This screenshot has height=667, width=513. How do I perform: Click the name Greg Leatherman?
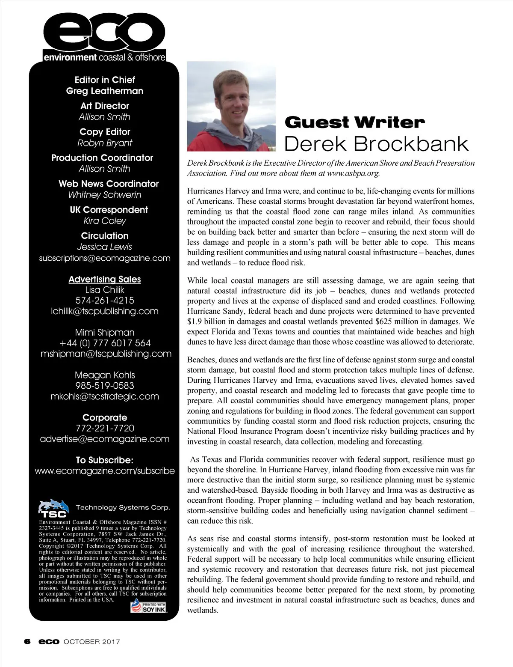click(x=105, y=91)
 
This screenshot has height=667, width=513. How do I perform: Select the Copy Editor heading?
click(x=105, y=132)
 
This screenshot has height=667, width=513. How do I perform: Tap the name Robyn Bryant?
click(x=105, y=143)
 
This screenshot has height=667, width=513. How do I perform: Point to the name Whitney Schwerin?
click(x=105, y=195)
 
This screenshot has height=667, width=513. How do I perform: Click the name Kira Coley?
click(x=105, y=221)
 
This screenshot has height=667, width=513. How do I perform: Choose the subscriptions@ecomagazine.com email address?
click(x=105, y=258)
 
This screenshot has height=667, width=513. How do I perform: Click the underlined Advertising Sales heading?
click(x=105, y=279)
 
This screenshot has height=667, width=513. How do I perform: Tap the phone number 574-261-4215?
click(x=105, y=300)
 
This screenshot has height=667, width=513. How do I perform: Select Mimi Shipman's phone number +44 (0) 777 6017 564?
click(x=105, y=343)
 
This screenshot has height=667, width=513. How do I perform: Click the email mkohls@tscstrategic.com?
click(x=105, y=396)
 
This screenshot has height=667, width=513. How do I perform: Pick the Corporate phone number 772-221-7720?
click(x=105, y=428)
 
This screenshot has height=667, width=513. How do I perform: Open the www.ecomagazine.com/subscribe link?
click(x=105, y=471)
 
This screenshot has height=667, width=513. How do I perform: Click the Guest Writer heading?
click(x=354, y=122)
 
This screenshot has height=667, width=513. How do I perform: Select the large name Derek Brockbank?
click(x=376, y=144)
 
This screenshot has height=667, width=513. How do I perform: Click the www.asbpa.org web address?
click(x=353, y=173)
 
